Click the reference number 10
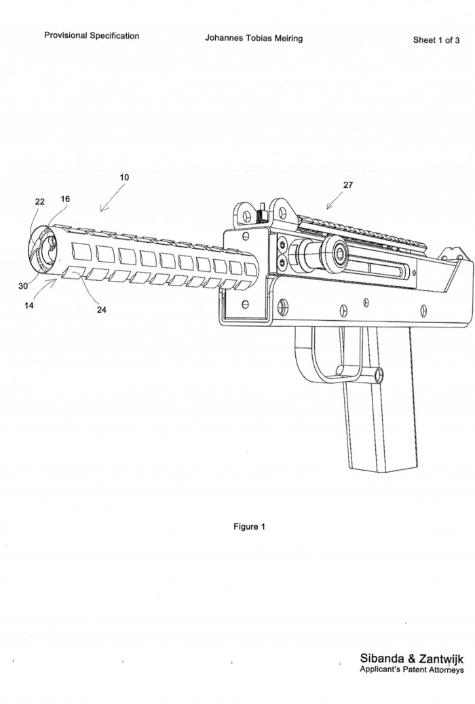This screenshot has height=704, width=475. click(124, 177)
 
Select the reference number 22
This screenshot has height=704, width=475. click(40, 201)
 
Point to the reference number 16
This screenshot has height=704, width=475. click(64, 199)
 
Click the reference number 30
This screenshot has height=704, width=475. click(23, 286)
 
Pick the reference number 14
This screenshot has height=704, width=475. click(29, 305)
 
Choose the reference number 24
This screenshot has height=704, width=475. click(102, 310)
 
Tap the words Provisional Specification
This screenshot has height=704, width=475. click(92, 35)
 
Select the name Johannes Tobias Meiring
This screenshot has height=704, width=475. click(254, 38)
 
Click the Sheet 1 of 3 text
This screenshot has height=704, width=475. click(436, 40)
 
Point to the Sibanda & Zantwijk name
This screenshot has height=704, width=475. click(412, 659)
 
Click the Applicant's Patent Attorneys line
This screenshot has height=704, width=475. click(412, 670)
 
